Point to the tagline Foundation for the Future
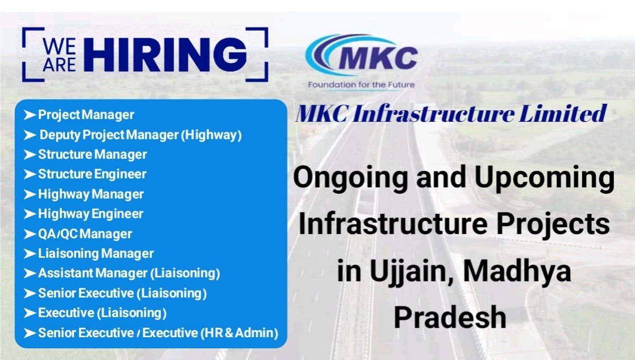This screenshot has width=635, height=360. tap(361, 85)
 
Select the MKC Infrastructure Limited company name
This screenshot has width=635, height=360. tap(451, 114)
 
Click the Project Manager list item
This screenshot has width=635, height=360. tap(86, 114)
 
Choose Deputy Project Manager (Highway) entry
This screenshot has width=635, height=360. tap(141, 135)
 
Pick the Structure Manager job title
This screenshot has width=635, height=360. tap(93, 155)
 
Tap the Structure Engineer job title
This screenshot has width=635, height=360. tap(92, 174)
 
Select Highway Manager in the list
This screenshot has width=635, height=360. tap(91, 194)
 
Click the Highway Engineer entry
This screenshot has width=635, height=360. tap(90, 214)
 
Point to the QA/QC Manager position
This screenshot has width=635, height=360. tap(85, 234)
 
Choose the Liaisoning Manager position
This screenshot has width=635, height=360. tap(96, 254)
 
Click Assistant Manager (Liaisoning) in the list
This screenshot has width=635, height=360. tap(129, 274)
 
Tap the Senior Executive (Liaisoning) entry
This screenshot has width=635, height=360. tap(122, 293)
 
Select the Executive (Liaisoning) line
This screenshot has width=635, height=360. tap(102, 313)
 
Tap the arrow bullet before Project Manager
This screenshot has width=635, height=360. tap(30, 114)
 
